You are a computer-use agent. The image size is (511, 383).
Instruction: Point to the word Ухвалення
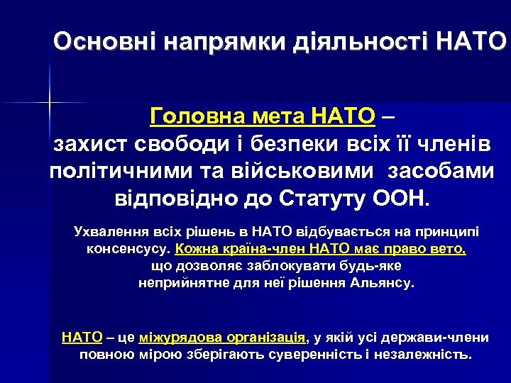pos(107,231)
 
